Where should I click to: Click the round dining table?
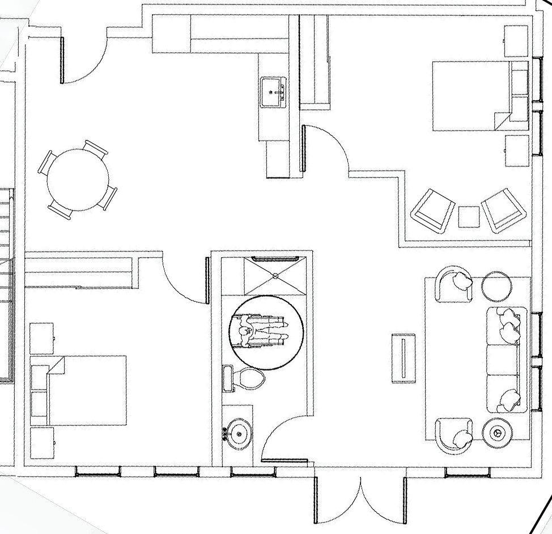(x=78, y=180)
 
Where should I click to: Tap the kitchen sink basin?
(x=274, y=92)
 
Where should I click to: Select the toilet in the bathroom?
(x=248, y=379)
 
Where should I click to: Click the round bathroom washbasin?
(x=240, y=434)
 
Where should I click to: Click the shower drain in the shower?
(x=275, y=276)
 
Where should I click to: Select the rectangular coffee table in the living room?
(x=404, y=358)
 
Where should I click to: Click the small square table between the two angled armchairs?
(x=469, y=216)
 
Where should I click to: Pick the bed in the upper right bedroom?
(x=470, y=96)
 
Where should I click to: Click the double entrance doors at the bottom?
(x=359, y=498)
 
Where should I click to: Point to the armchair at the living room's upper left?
(x=455, y=285)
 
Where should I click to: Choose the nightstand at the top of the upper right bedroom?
(x=516, y=41)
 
